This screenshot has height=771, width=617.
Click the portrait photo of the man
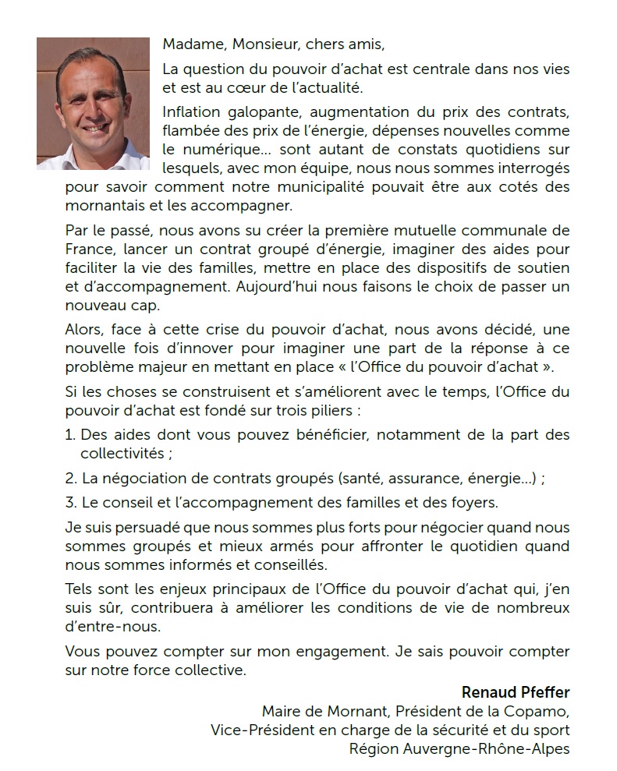click(x=93, y=103)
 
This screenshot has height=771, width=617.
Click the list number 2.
click(x=70, y=478)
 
